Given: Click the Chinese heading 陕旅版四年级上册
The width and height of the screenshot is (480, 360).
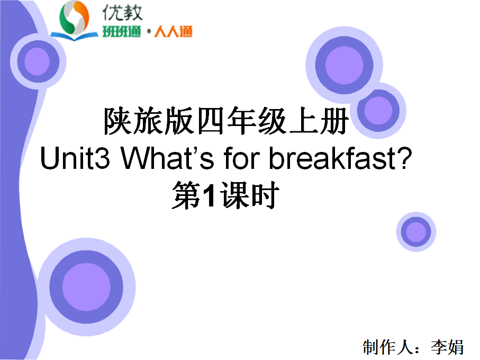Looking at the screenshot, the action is tap(226, 121).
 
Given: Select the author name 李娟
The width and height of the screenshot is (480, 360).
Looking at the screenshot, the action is tap(447, 347).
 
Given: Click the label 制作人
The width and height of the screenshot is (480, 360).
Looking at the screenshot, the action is tap(388, 347).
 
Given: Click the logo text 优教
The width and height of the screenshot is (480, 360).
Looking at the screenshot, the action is tap(122, 13).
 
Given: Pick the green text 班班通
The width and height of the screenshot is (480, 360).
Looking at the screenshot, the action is tap(122, 31).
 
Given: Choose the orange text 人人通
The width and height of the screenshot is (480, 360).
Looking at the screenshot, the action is tap(173, 31).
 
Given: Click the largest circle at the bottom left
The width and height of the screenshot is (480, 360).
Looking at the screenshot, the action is tap(86, 287).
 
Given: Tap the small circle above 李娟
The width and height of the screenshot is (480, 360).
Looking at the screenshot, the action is tap(416, 232).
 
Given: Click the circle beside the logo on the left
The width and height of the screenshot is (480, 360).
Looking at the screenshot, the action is tap(38, 61).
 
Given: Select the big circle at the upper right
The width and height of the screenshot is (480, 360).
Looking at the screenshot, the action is tap(344, 65).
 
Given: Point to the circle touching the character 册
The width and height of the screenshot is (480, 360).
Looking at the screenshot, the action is tap(378, 111).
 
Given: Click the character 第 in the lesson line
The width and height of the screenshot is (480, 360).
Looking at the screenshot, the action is tap(186, 195).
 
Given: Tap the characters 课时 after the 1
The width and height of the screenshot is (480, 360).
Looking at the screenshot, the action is tap(249, 195).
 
